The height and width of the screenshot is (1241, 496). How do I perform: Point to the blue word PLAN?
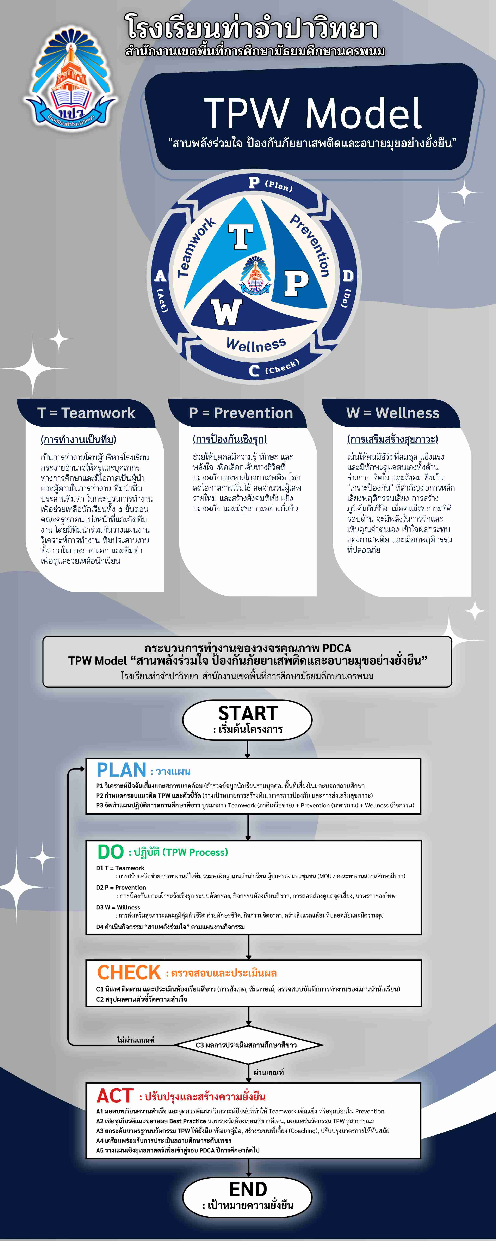[121, 770]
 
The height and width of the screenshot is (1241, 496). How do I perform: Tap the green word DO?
[111, 852]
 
